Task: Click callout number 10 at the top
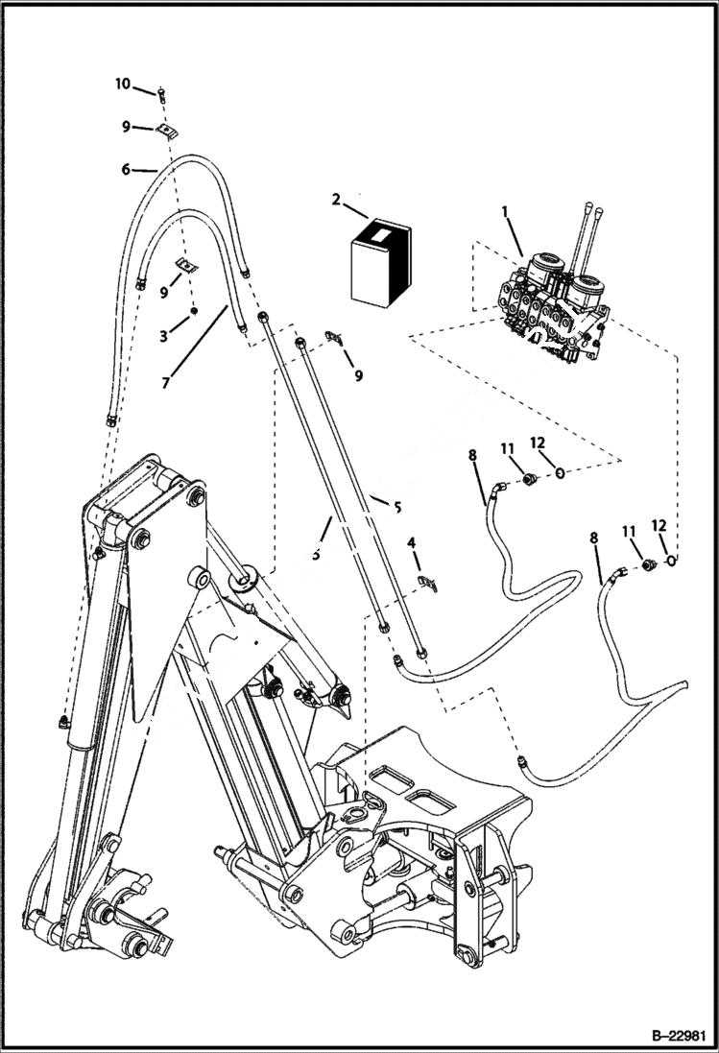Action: (122, 84)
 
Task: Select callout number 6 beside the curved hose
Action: (125, 169)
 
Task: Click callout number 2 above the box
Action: (336, 199)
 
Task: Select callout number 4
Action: (412, 543)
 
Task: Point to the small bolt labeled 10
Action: (163, 93)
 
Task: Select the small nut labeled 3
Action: (193, 311)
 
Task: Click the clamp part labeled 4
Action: (429, 582)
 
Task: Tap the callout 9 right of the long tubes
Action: (358, 375)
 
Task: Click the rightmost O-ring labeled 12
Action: (671, 560)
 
